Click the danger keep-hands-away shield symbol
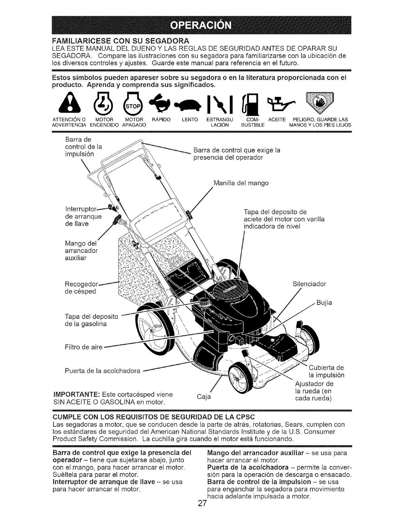click(x=319, y=103)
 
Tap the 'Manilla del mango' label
click(x=241, y=183)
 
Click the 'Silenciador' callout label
click(x=309, y=284)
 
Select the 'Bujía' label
click(x=324, y=303)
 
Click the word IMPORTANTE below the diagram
click(x=76, y=394)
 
